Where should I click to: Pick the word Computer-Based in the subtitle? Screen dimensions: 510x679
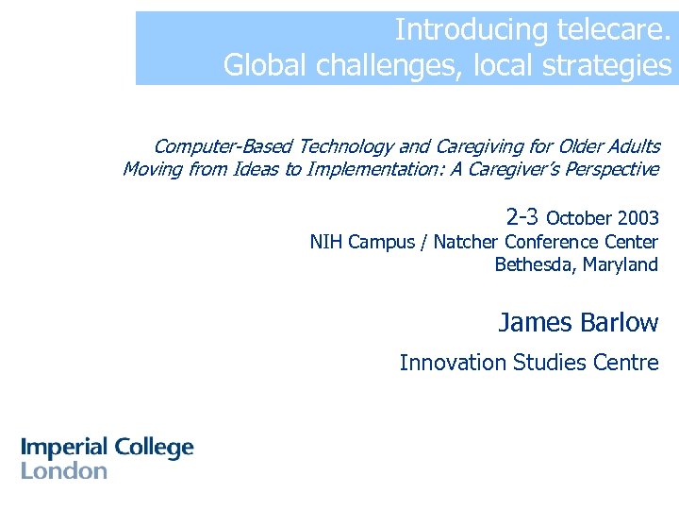(222, 146)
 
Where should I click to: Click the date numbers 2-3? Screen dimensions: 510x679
(522, 215)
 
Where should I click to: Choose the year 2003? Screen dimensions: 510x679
(638, 218)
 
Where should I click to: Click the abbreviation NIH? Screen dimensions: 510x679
(326, 242)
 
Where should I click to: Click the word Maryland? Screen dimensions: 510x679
(621, 264)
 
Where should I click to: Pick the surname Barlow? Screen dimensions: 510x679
(620, 323)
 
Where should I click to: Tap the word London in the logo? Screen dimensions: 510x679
(64, 470)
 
